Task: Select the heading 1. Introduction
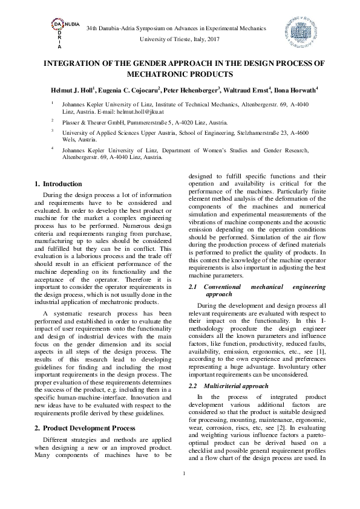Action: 58,184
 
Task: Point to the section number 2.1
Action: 194,287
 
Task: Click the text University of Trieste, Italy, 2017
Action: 180,38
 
